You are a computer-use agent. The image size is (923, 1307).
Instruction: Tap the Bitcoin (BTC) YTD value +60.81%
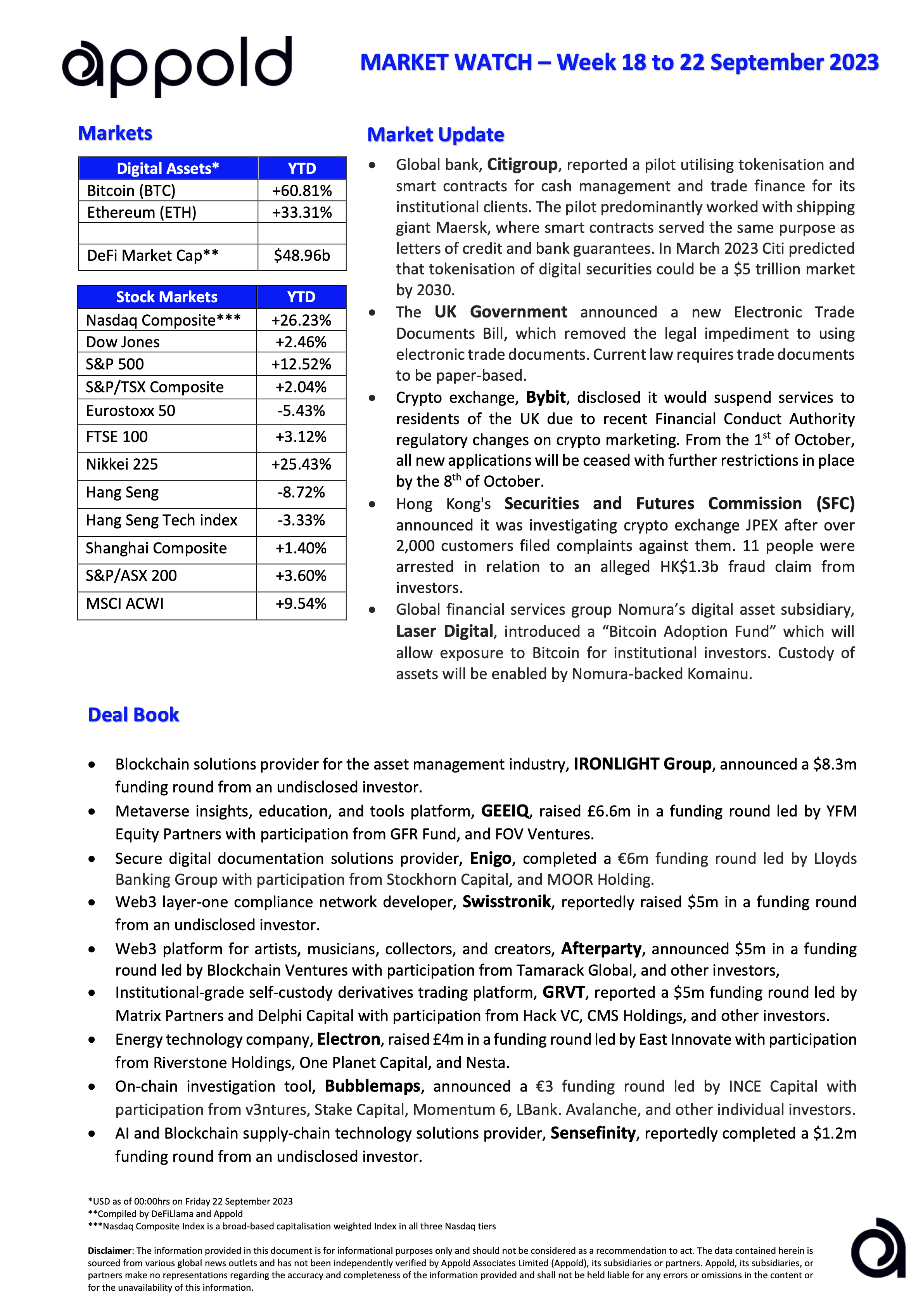(x=302, y=190)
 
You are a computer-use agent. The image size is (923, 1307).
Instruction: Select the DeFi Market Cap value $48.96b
(x=302, y=256)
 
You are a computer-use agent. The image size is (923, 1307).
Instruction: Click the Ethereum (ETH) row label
(x=142, y=212)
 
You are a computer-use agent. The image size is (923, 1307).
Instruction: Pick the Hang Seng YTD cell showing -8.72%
(x=301, y=492)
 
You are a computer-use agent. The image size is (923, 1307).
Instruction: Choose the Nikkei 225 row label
(x=122, y=465)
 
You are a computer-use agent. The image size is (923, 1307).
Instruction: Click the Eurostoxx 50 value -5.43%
(x=301, y=411)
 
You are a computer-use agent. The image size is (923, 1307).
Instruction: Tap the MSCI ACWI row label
(x=124, y=604)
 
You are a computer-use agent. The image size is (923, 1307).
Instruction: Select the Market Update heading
(x=436, y=135)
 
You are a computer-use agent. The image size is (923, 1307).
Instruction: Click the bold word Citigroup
(x=522, y=165)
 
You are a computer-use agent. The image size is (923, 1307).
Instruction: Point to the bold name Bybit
(x=545, y=397)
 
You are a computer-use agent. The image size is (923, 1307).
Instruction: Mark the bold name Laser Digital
(x=444, y=631)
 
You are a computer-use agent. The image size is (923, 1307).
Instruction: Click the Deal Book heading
(x=133, y=715)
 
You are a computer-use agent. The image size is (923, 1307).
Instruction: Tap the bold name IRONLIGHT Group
(x=642, y=764)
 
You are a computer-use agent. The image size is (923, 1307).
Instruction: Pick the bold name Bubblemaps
(x=372, y=1086)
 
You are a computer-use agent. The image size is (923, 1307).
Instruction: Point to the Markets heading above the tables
(x=115, y=133)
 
